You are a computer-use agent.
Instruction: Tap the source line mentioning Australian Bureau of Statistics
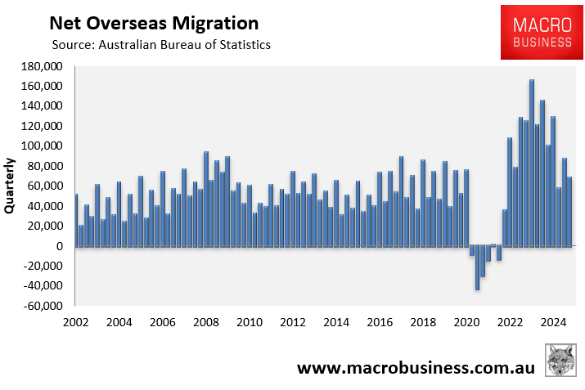tap(160, 45)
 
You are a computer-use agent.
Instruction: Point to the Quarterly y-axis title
tap(11, 185)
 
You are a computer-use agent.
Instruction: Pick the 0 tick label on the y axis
tap(60, 246)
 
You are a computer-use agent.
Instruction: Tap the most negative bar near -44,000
tap(477, 267)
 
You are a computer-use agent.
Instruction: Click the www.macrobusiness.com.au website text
tap(416, 368)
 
